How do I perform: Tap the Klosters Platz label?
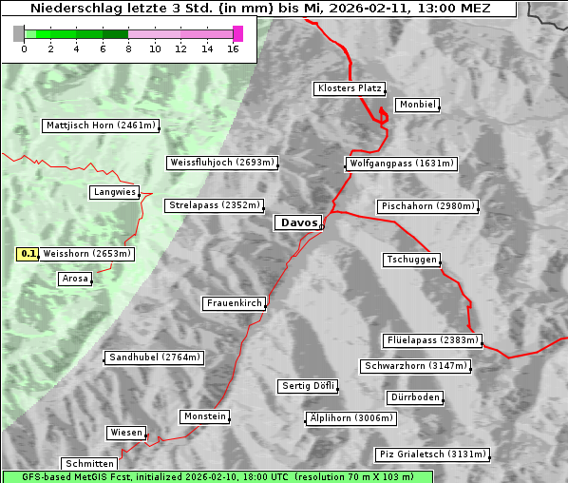349,88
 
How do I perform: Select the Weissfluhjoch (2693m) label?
222,163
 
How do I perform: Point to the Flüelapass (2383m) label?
432,340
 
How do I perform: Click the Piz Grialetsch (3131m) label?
431,454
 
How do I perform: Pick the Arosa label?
74,279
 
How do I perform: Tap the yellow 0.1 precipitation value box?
28,254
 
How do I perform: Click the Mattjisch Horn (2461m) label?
101,126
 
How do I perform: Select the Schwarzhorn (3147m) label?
416,366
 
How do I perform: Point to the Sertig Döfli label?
309,386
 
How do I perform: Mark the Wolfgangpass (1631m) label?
392,164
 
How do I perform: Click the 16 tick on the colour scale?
233,48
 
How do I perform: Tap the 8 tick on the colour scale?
128,48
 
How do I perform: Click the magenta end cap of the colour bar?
237,33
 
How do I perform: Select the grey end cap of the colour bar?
19,33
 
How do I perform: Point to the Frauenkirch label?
234,303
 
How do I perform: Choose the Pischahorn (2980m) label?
426,205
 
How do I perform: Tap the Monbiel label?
416,105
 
